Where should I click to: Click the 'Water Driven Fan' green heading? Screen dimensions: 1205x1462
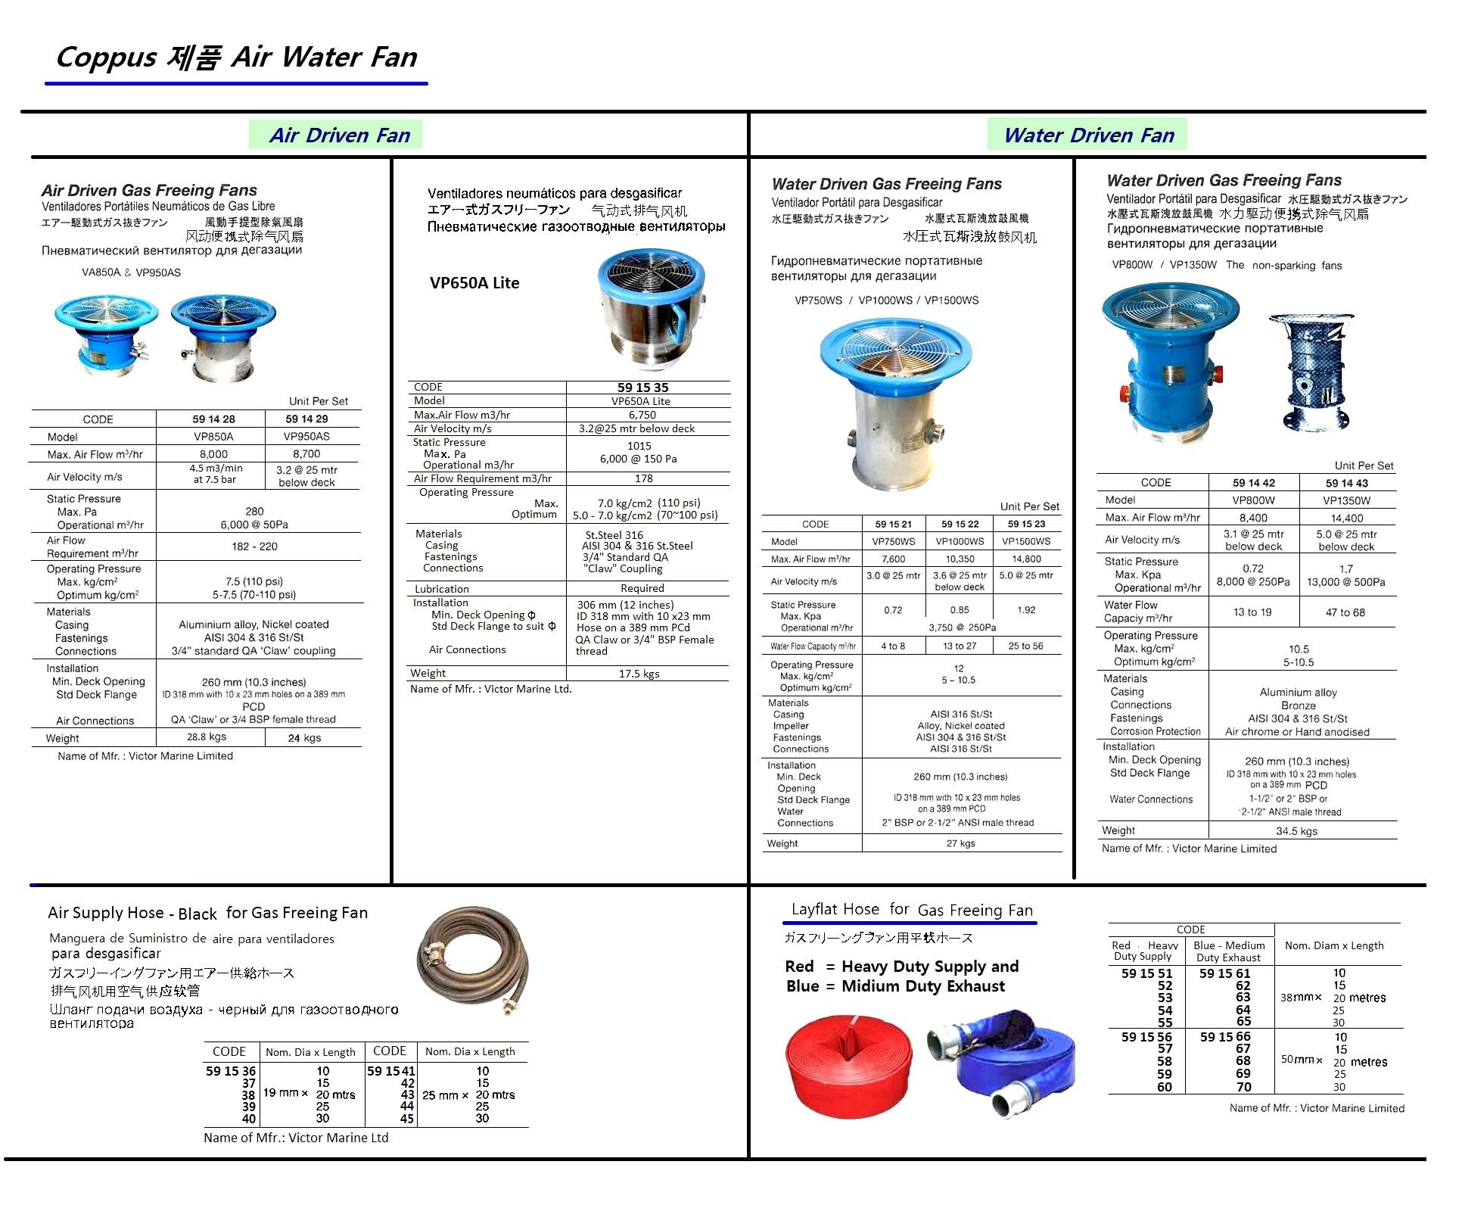[1088, 135]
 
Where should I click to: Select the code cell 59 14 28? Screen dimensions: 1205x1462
[213, 419]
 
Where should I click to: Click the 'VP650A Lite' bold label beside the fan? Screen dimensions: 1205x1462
[474, 283]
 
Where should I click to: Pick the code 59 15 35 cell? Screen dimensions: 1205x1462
[642, 387]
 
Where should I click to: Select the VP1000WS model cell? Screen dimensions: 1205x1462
[960, 541]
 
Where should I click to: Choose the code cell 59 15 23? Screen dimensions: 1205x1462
[1025, 524]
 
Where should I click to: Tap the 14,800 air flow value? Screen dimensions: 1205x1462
[1025, 559]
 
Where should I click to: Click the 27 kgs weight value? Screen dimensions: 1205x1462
[960, 843]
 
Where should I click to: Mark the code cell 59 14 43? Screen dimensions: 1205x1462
[1346, 483]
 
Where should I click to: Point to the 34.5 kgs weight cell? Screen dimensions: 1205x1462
[1296, 831]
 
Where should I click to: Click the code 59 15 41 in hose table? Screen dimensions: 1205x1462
[390, 1071]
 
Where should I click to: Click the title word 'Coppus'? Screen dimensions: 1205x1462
[106, 58]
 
